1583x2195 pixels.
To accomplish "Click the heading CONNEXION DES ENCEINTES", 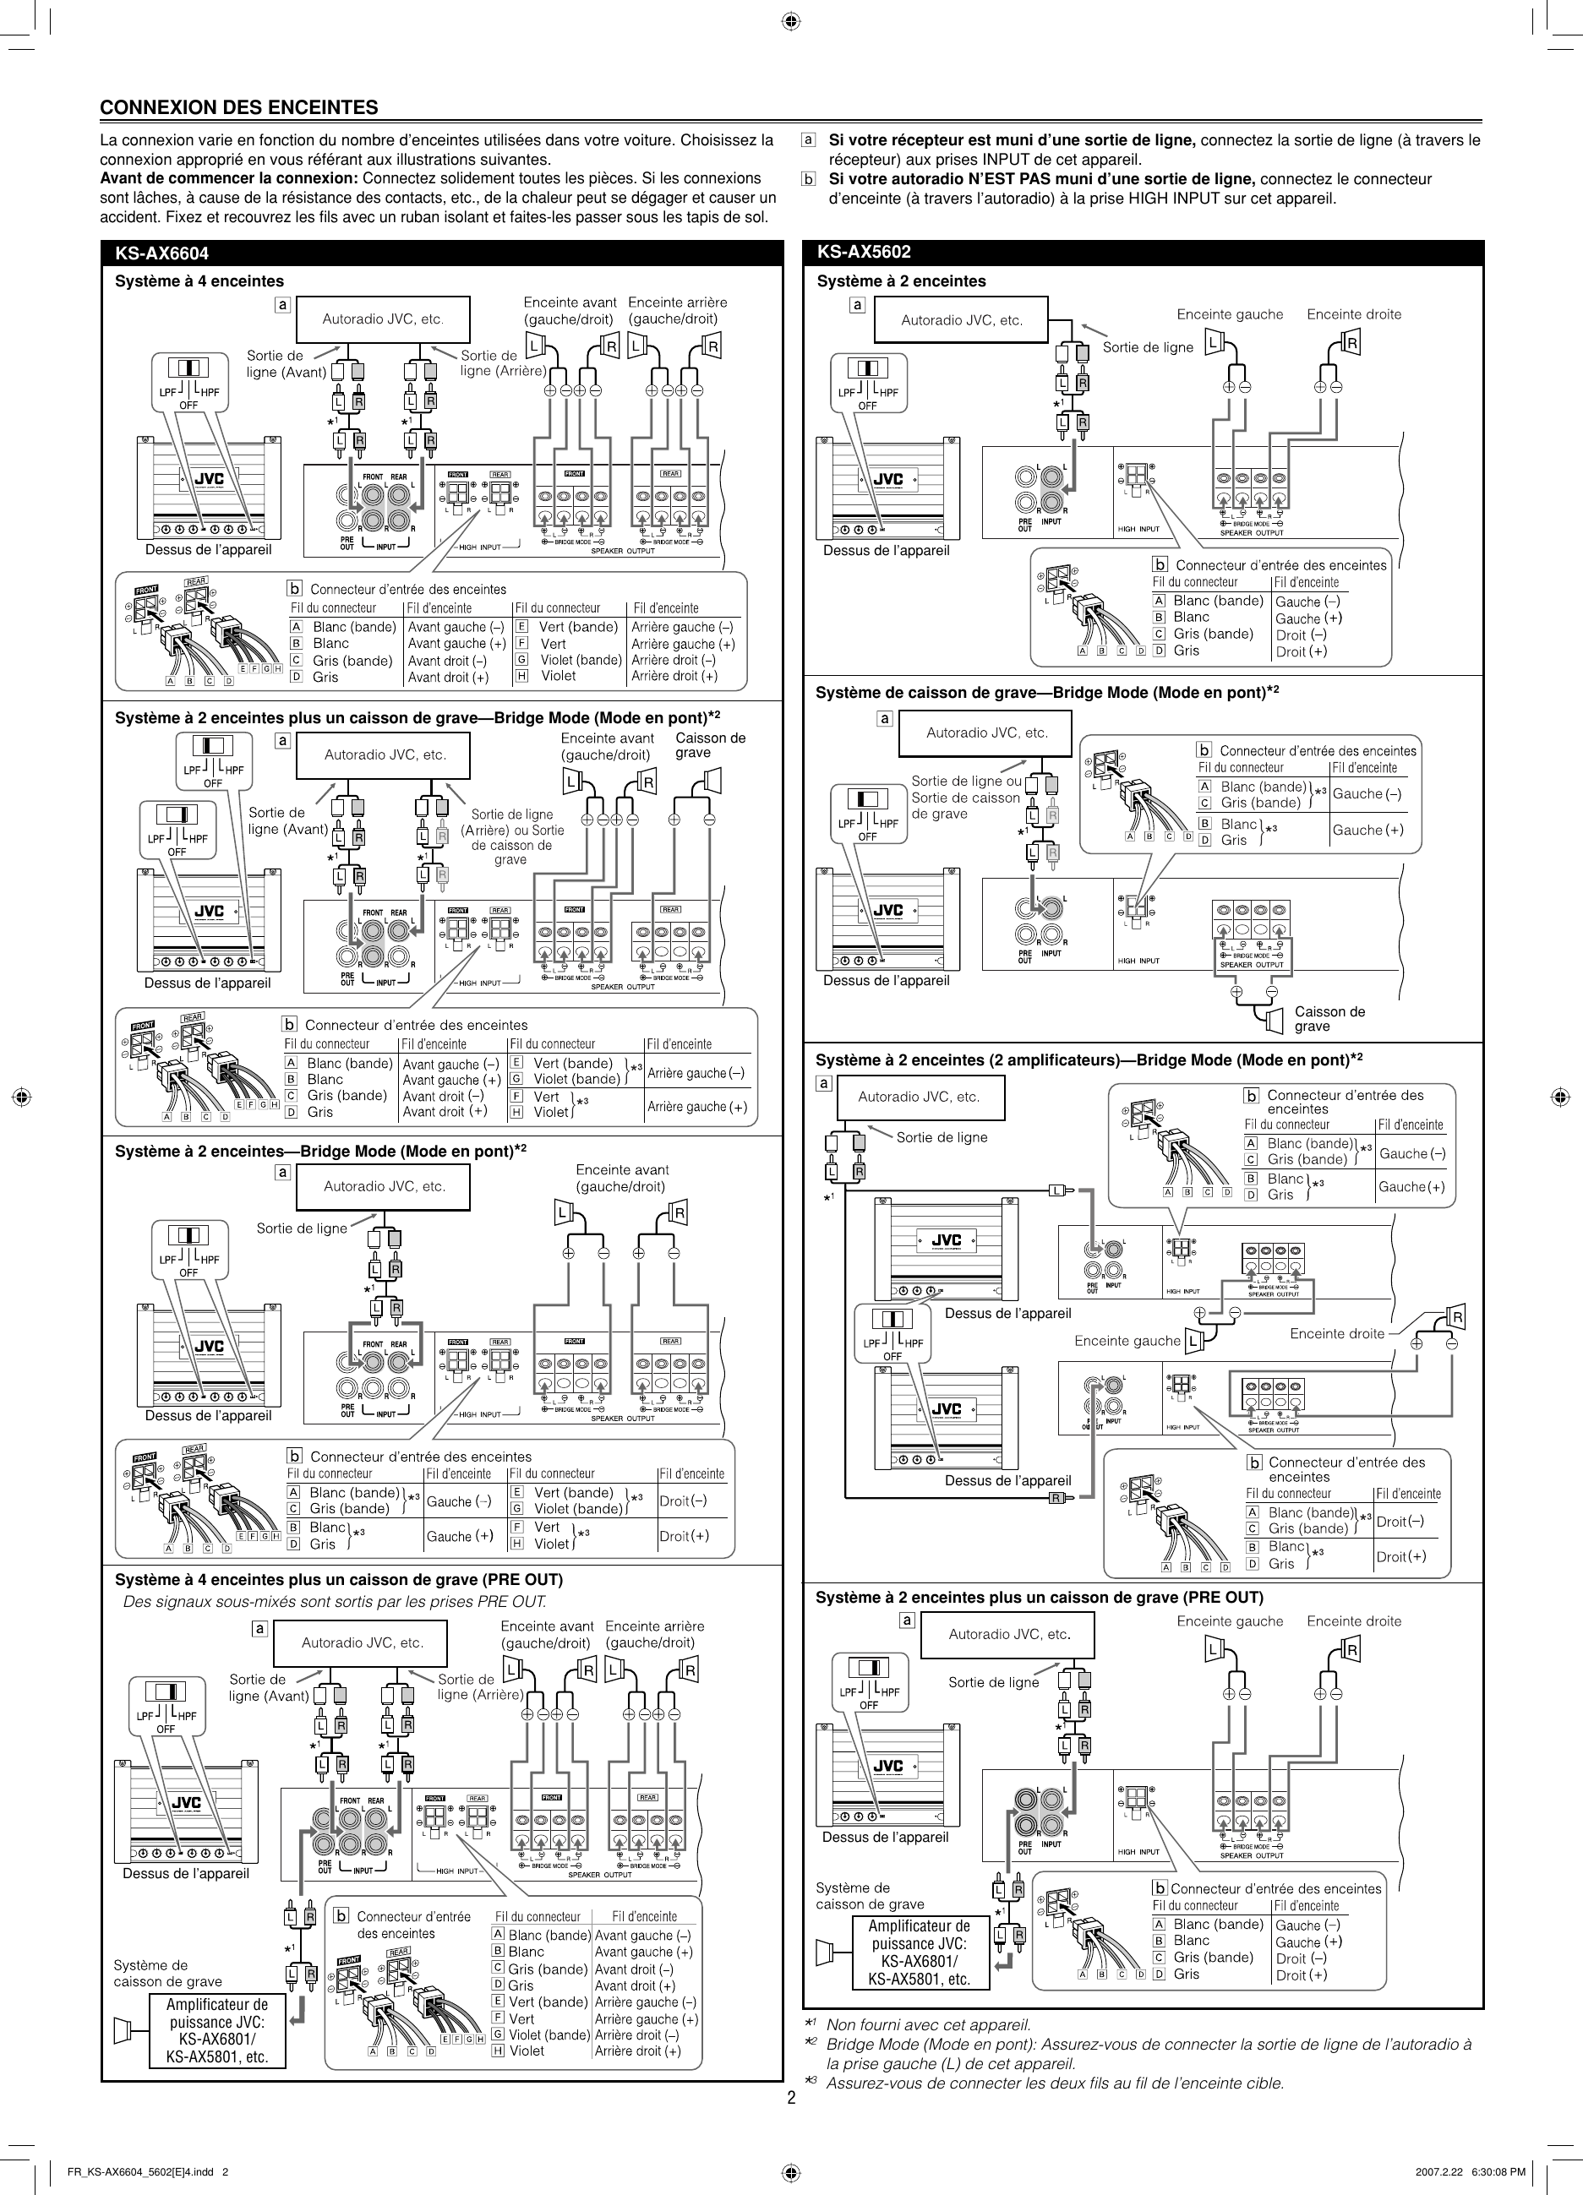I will pos(239,107).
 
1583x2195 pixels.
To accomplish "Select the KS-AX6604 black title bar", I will pos(441,253).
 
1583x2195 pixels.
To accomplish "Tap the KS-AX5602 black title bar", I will pos(1143,253).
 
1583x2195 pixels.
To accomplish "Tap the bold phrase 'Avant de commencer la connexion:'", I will pos(229,178).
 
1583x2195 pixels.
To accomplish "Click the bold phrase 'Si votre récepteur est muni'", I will pos(1012,140).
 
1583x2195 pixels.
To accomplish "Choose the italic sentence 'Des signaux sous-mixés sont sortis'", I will pos(334,1602).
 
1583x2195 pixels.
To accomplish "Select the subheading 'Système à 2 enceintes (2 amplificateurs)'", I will pos(1089,1059).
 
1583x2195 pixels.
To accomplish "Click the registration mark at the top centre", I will pos(790,20).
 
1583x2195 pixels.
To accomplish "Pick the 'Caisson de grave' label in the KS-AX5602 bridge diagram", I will pos(1329,1019).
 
